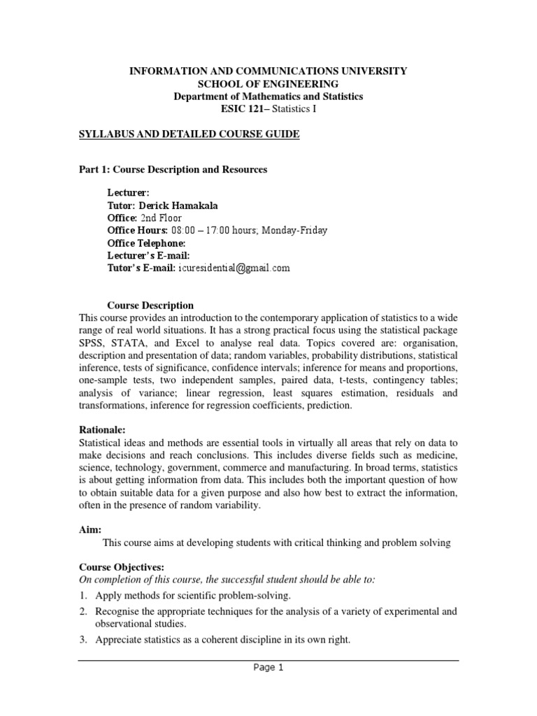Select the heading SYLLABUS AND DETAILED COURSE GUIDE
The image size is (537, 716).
[x=189, y=134]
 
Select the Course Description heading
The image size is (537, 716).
[x=150, y=306]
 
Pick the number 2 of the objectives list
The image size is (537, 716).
[x=82, y=612]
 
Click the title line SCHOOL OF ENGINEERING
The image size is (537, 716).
[x=268, y=84]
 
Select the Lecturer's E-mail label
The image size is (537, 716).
[x=148, y=255]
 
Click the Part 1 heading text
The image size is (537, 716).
[x=172, y=170]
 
